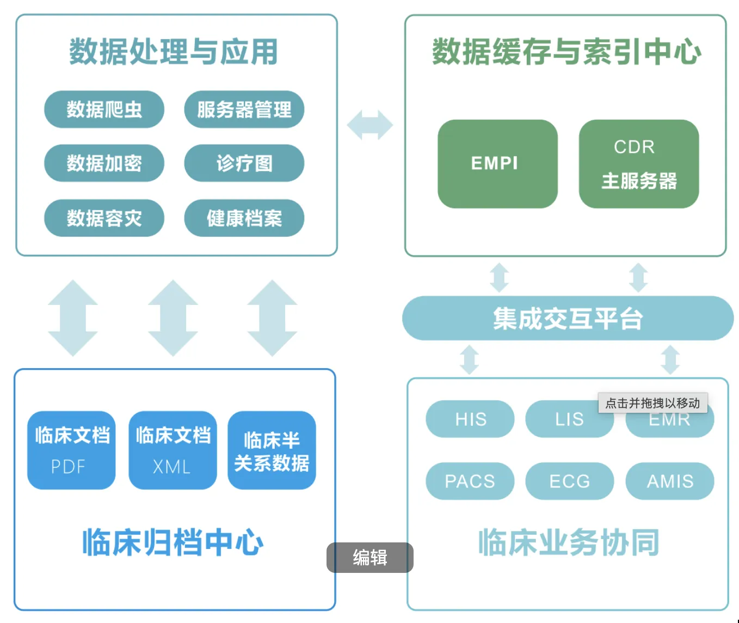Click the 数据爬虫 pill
click(x=104, y=109)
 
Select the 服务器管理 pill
click(x=244, y=109)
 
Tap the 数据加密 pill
click(x=104, y=163)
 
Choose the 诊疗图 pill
click(x=244, y=163)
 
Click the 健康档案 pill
click(x=244, y=218)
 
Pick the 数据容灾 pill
click(x=104, y=218)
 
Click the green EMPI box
click(x=497, y=164)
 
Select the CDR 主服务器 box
click(x=638, y=164)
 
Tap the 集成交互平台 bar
click(x=568, y=318)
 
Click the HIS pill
click(x=470, y=419)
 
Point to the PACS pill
click(x=470, y=481)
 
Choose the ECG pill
click(x=569, y=481)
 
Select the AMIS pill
click(x=669, y=481)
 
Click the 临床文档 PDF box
click(x=71, y=450)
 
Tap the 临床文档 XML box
click(x=173, y=450)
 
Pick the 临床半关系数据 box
click(x=272, y=450)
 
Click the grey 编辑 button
click(x=369, y=558)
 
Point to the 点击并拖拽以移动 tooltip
click(x=652, y=403)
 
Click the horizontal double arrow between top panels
click(x=370, y=125)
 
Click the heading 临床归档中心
click(x=173, y=542)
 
